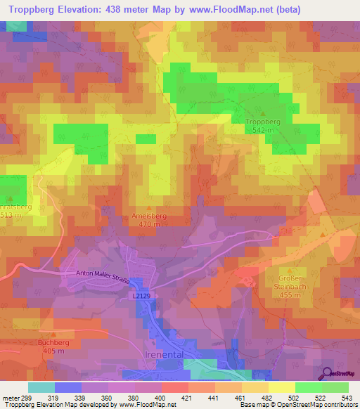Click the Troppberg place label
(264, 122)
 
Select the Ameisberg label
(148, 216)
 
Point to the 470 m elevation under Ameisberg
(148, 225)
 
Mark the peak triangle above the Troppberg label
(264, 113)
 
